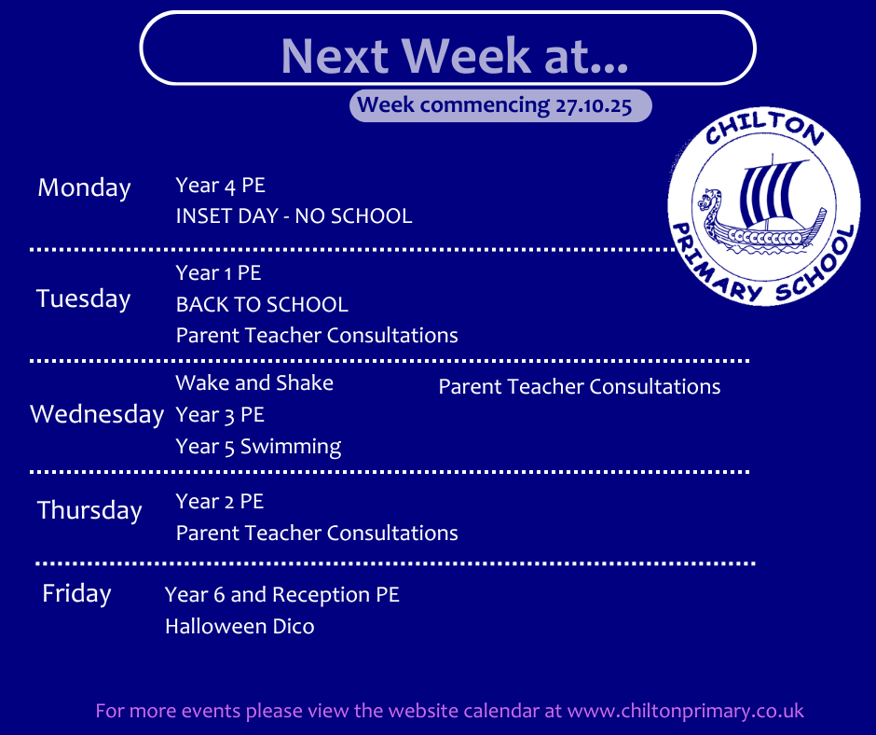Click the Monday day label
pos(85,187)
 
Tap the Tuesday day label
pos(83,298)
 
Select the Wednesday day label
pos(97,414)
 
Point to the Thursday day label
pos(89,511)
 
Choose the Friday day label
pos(76,593)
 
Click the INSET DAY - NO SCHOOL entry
pos(294,215)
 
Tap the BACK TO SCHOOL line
pos(262,305)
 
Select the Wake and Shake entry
pos(254,383)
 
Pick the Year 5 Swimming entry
pos(258,447)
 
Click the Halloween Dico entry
pos(240,627)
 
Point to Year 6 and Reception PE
pos(282,595)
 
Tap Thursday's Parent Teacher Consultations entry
pos(317,534)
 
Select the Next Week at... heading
pos(454,55)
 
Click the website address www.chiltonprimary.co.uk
pos(686,711)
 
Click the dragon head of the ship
pos(709,200)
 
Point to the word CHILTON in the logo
pos(764,128)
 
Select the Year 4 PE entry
pos(220,185)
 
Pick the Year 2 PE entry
pos(220,501)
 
